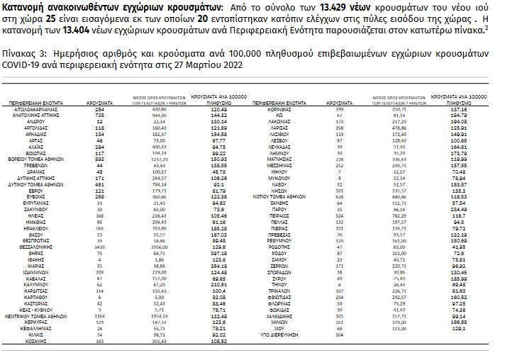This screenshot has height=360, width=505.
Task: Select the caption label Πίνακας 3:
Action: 21,52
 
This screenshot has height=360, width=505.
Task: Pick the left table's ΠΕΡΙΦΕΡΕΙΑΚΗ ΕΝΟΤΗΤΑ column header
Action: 39,102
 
